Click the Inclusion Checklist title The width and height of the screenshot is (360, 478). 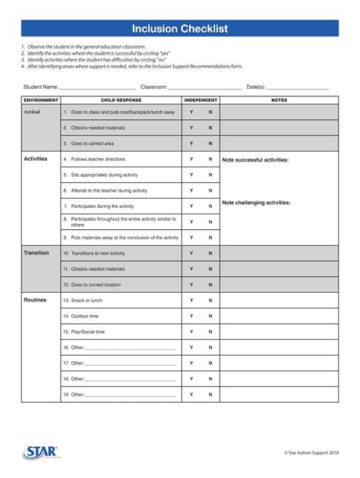click(180, 30)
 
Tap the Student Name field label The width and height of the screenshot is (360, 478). click(41, 87)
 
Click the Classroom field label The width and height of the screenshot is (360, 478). click(153, 87)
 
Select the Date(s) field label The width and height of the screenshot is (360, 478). click(256, 87)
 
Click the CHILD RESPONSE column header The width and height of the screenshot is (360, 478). click(120, 100)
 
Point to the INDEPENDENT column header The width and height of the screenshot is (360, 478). click(201, 100)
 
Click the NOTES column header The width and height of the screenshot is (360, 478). click(279, 100)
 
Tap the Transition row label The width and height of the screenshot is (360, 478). click(36, 253)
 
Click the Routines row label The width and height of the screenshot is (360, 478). click(35, 300)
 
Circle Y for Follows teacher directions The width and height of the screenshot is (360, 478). click(191, 159)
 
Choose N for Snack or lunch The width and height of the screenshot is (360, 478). click(210, 300)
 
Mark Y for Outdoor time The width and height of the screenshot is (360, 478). click(191, 316)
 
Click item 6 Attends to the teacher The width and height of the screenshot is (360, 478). click(109, 190)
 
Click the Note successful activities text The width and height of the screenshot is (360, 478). click(255, 160)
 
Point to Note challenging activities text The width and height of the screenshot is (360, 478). click(256, 203)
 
